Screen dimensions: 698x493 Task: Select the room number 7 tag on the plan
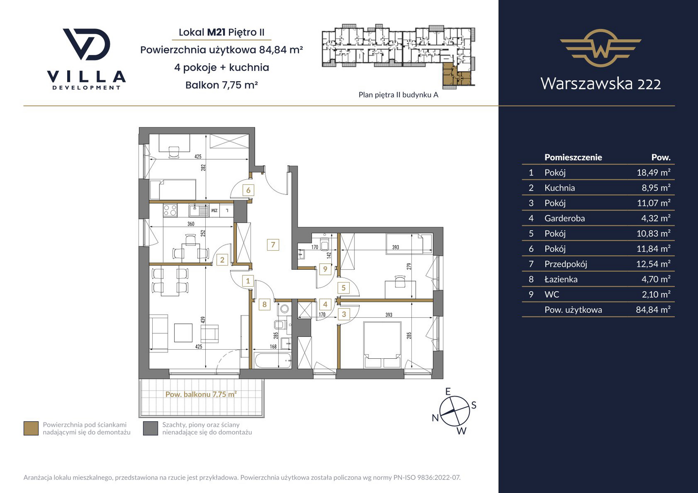click(x=273, y=245)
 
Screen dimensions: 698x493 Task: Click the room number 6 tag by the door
click(x=248, y=190)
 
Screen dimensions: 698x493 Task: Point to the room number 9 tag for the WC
click(x=325, y=269)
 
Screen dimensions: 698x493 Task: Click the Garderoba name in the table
click(x=565, y=218)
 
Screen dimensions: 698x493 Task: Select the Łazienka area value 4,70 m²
click(x=656, y=279)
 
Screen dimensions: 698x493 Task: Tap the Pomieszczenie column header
click(x=573, y=157)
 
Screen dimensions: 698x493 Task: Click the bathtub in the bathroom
click(x=272, y=361)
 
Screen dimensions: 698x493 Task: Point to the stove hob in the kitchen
click(x=170, y=210)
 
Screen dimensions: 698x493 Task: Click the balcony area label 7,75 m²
click(x=201, y=394)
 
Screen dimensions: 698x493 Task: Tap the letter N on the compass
click(x=435, y=418)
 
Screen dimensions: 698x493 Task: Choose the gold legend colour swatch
click(x=31, y=428)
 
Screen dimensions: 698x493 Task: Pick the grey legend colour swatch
click(x=150, y=428)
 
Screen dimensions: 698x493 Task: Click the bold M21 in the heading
click(x=216, y=32)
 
